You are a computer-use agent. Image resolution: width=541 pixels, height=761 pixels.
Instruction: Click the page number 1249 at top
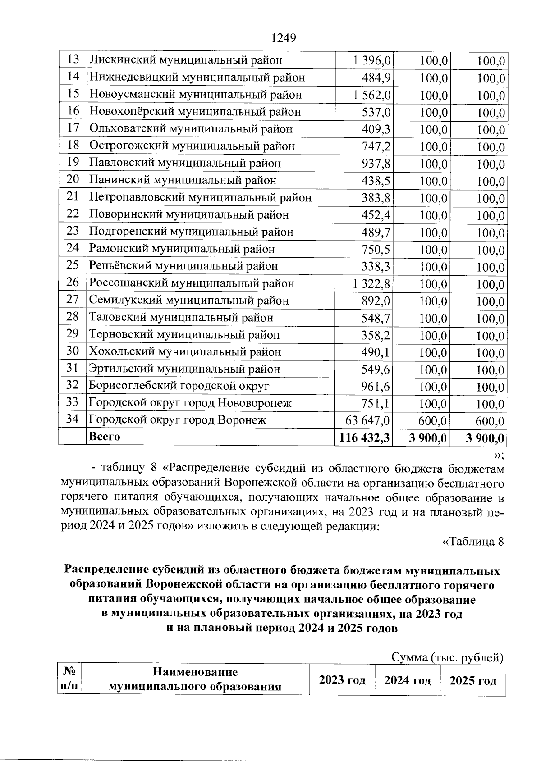point(284,38)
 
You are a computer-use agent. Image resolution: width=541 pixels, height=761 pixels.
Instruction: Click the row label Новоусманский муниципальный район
point(195,95)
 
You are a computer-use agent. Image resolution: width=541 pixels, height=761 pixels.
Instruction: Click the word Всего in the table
point(105,437)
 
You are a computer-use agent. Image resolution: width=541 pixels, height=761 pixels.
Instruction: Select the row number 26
point(73,283)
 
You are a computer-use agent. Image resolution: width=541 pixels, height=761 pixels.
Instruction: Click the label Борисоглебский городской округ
point(179,386)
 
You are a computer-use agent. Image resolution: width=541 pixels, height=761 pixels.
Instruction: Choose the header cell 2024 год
point(408,680)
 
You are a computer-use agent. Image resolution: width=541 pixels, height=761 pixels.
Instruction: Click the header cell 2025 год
point(473,680)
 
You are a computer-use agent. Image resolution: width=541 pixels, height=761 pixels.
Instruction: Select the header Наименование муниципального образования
point(195,679)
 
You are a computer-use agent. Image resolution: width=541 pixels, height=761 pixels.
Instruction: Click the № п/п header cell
point(69,679)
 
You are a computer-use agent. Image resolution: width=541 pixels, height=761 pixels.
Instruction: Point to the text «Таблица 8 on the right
point(472,541)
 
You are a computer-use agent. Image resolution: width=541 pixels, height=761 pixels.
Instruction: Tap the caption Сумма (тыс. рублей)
point(447,657)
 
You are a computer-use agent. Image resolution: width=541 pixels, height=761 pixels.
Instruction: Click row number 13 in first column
point(73,59)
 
